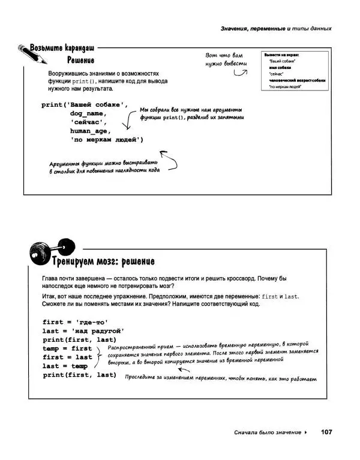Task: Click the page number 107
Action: (326, 432)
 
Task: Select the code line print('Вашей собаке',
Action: (85, 104)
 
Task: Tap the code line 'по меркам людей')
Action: (106, 140)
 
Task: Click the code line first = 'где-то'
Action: (75, 322)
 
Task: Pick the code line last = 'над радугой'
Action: (83, 331)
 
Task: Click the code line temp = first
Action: (67, 348)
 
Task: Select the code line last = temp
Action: (65, 366)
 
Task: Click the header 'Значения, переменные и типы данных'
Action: (276, 28)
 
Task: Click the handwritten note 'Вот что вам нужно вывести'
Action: (226, 59)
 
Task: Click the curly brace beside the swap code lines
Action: (98, 357)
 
